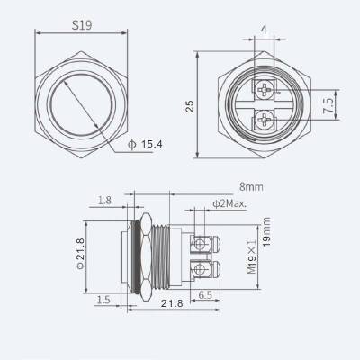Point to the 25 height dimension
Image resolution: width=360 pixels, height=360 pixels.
click(190, 104)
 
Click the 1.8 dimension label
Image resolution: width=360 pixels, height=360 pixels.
click(105, 201)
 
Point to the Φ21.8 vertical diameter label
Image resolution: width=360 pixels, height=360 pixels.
click(80, 255)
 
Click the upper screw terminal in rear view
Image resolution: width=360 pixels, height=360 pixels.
click(263, 89)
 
